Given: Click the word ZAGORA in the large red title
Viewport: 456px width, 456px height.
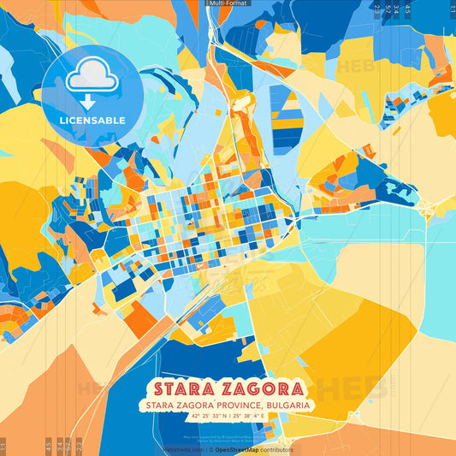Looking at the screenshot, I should point(260,387).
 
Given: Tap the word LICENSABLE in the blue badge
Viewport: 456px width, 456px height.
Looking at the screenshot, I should point(92,120).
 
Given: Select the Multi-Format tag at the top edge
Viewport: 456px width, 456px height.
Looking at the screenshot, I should point(228,3).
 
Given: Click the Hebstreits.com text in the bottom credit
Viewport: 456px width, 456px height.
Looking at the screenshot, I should point(181,449).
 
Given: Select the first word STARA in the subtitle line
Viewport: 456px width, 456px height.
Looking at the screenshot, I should point(160,405).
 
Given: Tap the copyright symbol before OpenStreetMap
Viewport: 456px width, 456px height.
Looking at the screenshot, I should point(210,449).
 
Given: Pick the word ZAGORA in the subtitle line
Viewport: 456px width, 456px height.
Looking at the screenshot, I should point(193,405).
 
